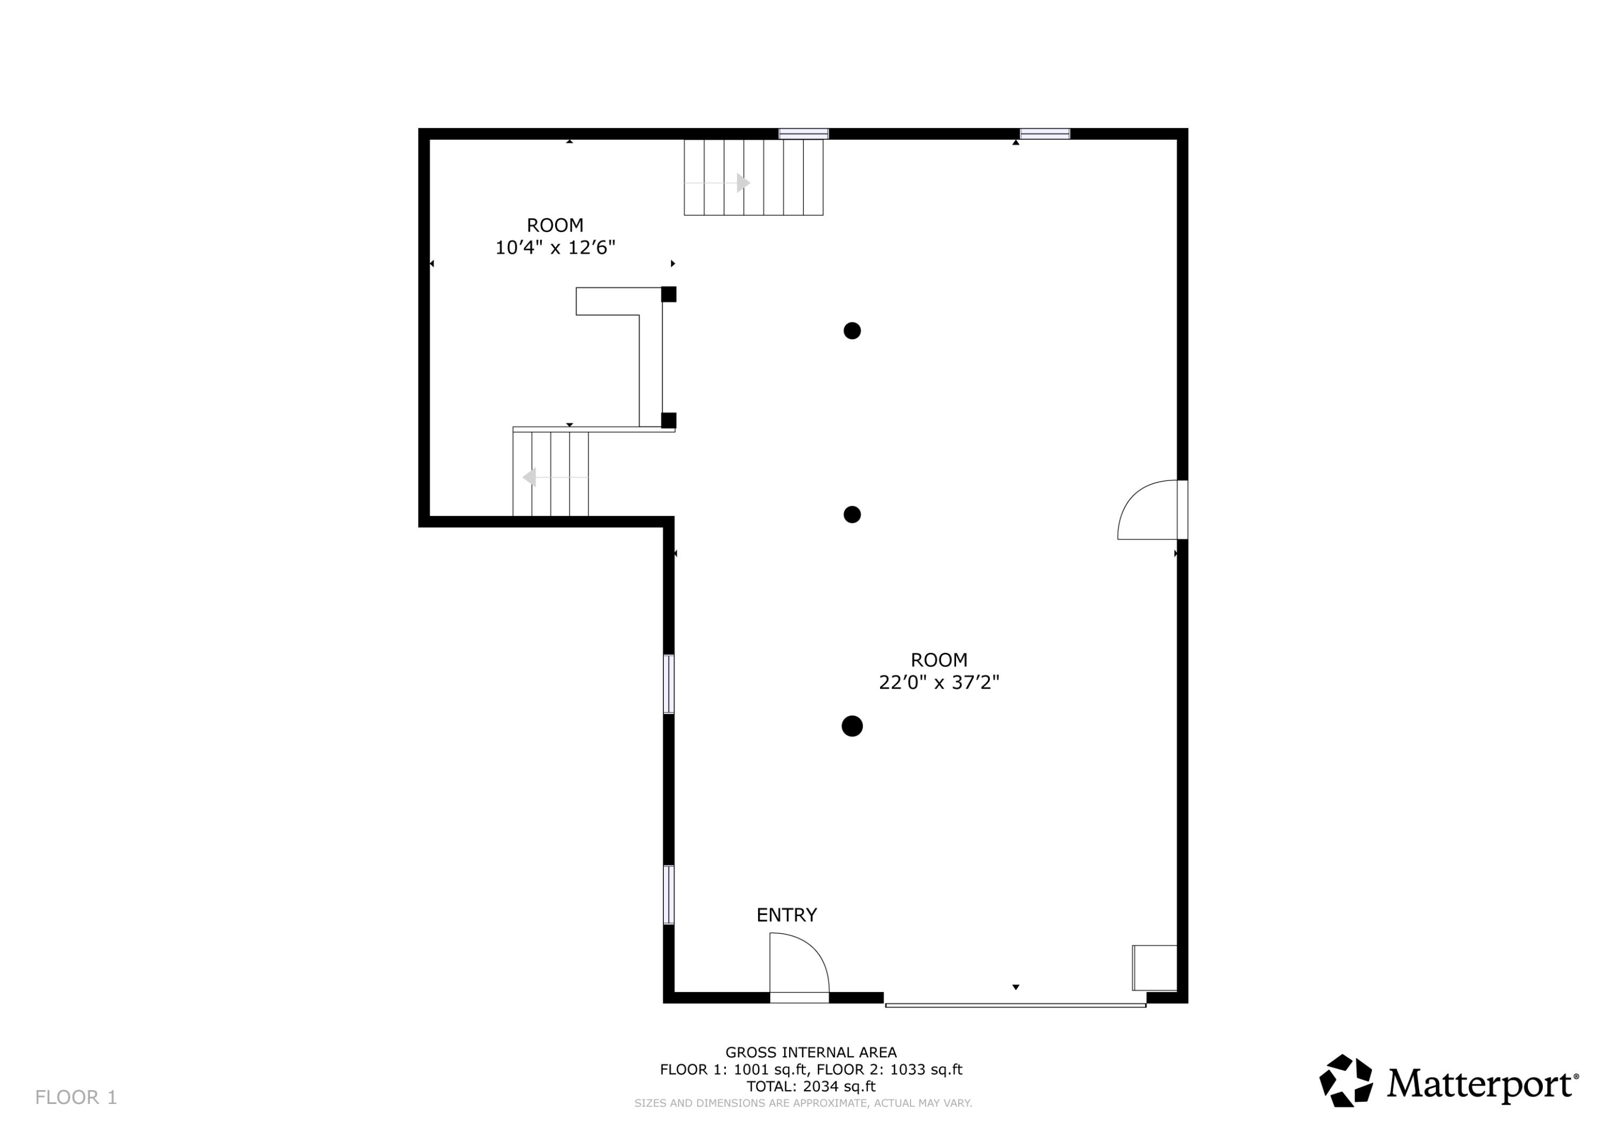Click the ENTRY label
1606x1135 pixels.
coord(786,915)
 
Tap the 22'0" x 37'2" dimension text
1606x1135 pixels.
coord(938,682)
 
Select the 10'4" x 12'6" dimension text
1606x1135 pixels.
coord(555,248)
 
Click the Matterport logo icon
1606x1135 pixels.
coord(1345,1081)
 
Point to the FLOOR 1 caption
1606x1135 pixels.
coord(76,1097)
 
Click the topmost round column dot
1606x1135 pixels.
coord(852,331)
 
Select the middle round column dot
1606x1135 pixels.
coord(852,515)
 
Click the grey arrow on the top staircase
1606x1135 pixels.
coord(743,183)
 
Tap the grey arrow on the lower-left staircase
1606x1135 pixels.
coord(530,478)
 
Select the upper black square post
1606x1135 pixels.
coord(669,294)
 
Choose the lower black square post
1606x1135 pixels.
coord(669,420)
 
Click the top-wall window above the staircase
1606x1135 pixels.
coord(804,134)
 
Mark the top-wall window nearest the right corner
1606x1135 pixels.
coord(1044,134)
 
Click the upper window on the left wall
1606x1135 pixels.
coord(669,684)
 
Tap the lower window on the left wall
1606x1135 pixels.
coord(669,894)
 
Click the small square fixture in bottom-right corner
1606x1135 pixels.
coord(1155,968)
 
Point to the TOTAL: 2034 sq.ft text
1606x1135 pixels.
coord(810,1086)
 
